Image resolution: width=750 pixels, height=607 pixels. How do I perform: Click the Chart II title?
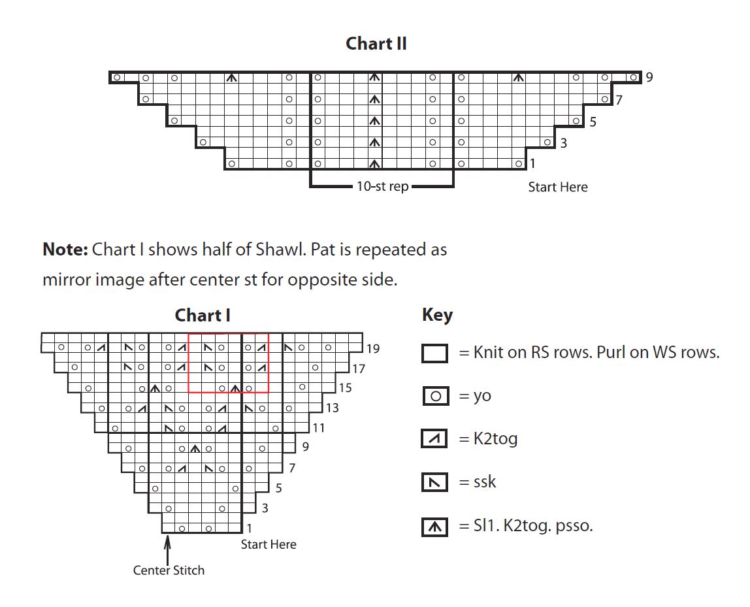coord(376,44)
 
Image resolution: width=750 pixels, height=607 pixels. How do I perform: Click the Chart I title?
coord(203,315)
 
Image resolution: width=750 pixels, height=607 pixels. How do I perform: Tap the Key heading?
coord(437,315)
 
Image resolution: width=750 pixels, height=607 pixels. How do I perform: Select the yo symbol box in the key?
coord(436,396)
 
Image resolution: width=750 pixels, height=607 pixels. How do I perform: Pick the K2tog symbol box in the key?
coord(434,438)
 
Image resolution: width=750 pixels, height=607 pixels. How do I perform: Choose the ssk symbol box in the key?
coord(434,482)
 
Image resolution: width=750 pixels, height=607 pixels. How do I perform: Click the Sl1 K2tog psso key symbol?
coord(435,527)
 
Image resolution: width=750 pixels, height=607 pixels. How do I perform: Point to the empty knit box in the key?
coord(435,353)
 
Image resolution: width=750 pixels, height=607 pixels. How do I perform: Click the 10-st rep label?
coord(383,186)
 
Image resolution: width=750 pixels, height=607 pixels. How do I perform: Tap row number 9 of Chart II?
coord(649,77)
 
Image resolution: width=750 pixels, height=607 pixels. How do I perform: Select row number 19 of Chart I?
coord(373,349)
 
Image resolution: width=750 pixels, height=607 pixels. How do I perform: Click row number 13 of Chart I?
coord(333,408)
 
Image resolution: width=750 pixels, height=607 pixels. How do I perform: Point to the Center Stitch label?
coord(169,570)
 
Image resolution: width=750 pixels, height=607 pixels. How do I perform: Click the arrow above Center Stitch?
coord(167,550)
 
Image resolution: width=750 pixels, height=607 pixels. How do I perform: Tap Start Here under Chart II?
coord(558,187)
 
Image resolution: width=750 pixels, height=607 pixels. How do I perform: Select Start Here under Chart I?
coord(269,544)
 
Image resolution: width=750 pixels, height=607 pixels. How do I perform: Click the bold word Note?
coord(65,249)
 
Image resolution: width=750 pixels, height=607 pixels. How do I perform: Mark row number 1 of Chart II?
coord(532,163)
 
